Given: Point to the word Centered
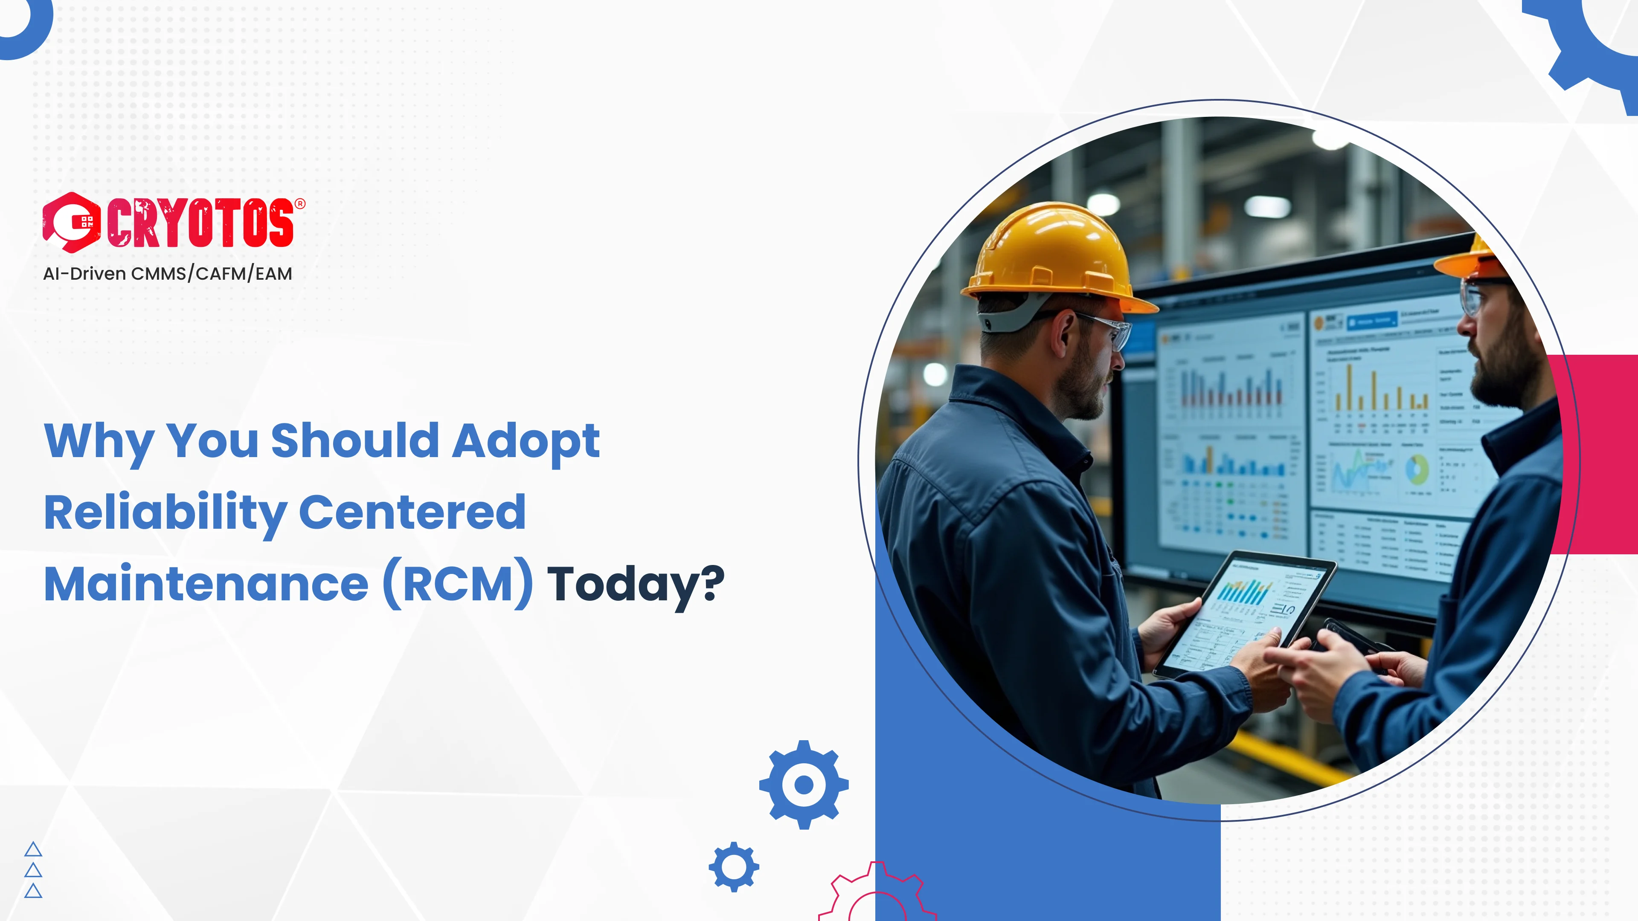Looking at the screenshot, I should tap(412, 512).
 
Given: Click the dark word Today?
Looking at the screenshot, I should tap(635, 583).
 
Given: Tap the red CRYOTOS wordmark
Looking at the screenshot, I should tap(200, 223).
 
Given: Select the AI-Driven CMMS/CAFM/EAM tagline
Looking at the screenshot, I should tap(167, 273).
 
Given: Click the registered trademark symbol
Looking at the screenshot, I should tap(300, 203).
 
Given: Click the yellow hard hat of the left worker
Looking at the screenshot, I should tap(1056, 258).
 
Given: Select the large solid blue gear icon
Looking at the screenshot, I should tap(804, 785).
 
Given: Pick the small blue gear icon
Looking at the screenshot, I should tap(734, 866).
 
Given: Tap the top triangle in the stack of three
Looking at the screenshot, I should tap(33, 850).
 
